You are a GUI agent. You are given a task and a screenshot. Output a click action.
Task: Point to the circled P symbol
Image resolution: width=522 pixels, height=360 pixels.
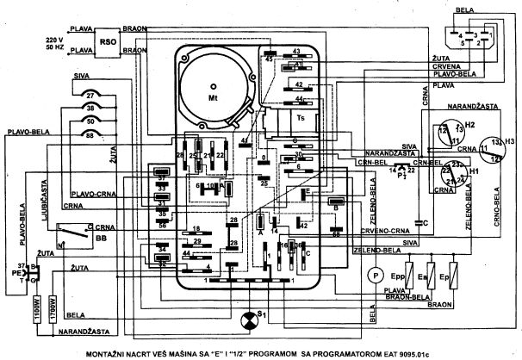[x=375, y=274]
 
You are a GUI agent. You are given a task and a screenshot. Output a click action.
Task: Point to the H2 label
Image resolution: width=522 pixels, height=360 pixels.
[x=470, y=125]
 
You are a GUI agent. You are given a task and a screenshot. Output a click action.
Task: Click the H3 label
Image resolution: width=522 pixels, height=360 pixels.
[x=510, y=140]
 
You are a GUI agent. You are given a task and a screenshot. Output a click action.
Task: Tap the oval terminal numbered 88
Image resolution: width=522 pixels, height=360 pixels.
[x=90, y=135]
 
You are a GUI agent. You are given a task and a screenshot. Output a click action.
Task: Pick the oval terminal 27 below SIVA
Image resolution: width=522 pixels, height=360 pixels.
[x=90, y=96]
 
